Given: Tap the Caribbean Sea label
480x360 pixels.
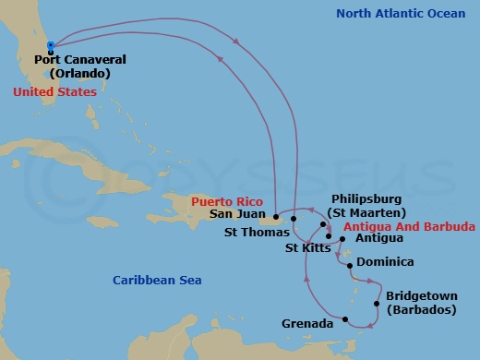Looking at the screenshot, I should point(157,280).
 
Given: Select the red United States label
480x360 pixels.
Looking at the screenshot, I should point(54,92).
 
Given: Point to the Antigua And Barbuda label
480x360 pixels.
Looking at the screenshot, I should point(408,225).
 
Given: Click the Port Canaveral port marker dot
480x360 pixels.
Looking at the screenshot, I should point(50,44).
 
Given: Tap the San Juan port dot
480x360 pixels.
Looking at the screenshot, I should point(276,217).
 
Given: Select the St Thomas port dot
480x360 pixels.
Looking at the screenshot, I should point(294,219).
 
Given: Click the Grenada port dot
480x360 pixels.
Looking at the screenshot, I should point(345,320).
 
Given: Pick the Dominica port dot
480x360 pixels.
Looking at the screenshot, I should point(351,266).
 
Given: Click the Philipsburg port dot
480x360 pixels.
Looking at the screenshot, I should point(323,224).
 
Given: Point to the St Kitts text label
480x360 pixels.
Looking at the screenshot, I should point(306,247).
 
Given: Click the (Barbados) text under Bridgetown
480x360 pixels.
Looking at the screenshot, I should point(421,310).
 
